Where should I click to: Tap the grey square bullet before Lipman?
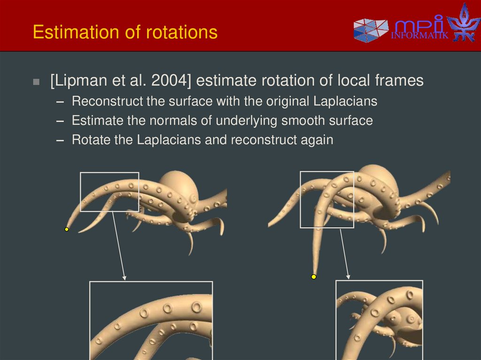tap(37, 82)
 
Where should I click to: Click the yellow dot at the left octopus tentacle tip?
tap(67, 230)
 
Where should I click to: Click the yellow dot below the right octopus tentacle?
tap(314, 277)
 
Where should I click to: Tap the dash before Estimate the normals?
tap(60, 121)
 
